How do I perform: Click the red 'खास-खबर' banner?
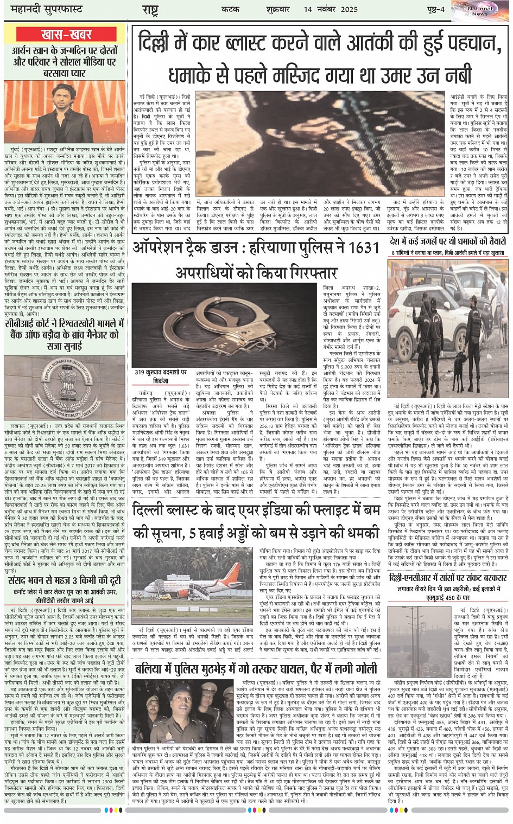66,35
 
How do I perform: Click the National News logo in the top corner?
480,10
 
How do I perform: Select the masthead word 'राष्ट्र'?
150,10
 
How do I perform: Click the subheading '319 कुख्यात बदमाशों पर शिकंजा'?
161,376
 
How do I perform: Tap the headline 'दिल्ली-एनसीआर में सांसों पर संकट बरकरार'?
448,578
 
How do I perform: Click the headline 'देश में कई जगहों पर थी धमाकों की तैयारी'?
448,241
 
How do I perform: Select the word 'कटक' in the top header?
230,9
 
